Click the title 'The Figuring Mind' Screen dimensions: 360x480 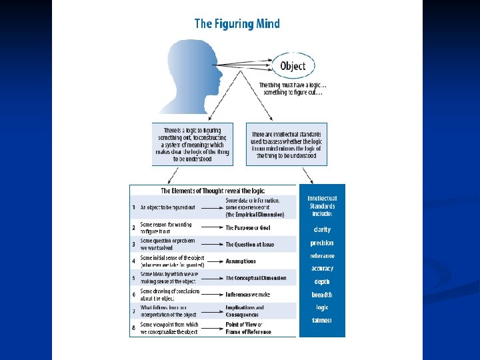click(237, 24)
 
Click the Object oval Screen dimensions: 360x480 click(293, 65)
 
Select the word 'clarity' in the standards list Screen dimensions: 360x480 click(322, 230)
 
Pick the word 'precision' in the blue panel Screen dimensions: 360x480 click(322, 243)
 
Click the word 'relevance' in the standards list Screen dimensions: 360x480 click(322, 256)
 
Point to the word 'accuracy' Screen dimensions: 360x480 click(322, 269)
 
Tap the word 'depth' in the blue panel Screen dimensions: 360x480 click(322, 282)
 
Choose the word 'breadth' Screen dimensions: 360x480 click(322, 295)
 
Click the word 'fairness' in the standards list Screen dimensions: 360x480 click(322, 321)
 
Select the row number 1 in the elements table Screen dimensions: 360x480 click(133, 207)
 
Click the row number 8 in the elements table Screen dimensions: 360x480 click(133, 328)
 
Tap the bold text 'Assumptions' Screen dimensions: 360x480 click(241, 261)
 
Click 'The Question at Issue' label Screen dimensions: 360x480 click(249, 245)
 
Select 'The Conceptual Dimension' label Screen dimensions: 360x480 click(255, 278)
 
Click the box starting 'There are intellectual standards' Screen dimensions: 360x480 click(287, 143)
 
